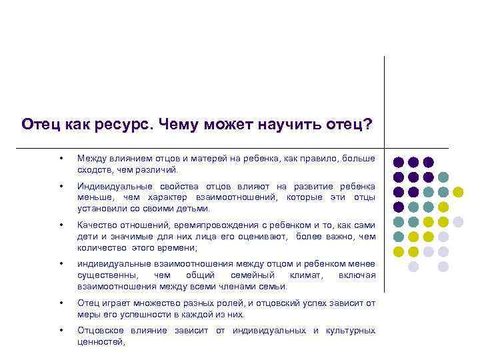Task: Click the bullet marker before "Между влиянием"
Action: point(61,159)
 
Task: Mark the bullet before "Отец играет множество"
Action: point(61,303)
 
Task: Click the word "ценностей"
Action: point(100,342)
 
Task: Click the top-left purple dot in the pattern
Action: point(399,162)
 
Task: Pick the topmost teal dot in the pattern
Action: point(443,177)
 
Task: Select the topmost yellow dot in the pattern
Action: point(457,192)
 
